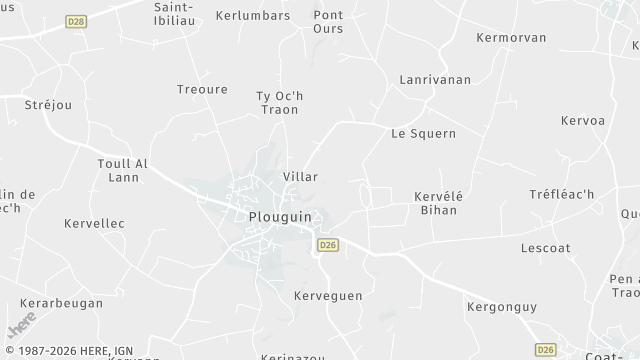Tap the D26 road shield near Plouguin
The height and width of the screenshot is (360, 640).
(x=327, y=244)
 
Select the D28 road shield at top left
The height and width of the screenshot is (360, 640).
(x=75, y=20)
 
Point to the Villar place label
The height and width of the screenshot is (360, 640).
(x=300, y=176)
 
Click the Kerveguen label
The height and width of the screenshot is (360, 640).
(x=328, y=296)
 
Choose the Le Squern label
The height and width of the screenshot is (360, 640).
(x=423, y=132)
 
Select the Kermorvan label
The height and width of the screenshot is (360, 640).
(x=512, y=37)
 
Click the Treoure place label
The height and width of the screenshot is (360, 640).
(x=202, y=89)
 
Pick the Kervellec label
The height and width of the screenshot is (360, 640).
(x=94, y=223)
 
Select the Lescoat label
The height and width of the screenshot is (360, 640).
(x=546, y=247)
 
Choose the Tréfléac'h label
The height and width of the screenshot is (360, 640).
(x=561, y=193)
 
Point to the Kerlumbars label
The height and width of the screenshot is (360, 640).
(x=254, y=16)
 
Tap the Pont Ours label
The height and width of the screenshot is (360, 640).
(x=328, y=22)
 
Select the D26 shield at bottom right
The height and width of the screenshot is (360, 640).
(x=545, y=350)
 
